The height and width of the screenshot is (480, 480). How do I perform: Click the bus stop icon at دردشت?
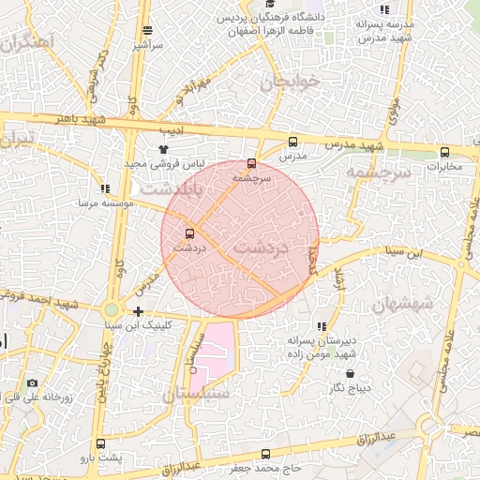190,233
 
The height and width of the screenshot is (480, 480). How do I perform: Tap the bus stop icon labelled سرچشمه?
251,163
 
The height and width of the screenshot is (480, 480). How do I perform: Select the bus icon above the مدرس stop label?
292,142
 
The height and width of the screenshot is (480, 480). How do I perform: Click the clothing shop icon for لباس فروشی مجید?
164,148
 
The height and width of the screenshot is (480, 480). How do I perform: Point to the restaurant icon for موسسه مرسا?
104,188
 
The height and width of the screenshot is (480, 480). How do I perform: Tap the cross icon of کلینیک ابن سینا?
139,311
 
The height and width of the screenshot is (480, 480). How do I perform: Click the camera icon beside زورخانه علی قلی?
33,382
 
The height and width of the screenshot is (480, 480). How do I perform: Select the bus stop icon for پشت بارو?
100,443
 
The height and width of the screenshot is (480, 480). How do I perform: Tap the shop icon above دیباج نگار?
351,373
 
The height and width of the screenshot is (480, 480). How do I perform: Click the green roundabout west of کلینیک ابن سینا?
112,309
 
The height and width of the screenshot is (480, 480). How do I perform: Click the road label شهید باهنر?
81,120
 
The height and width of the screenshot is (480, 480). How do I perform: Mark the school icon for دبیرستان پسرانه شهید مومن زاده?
322,326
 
